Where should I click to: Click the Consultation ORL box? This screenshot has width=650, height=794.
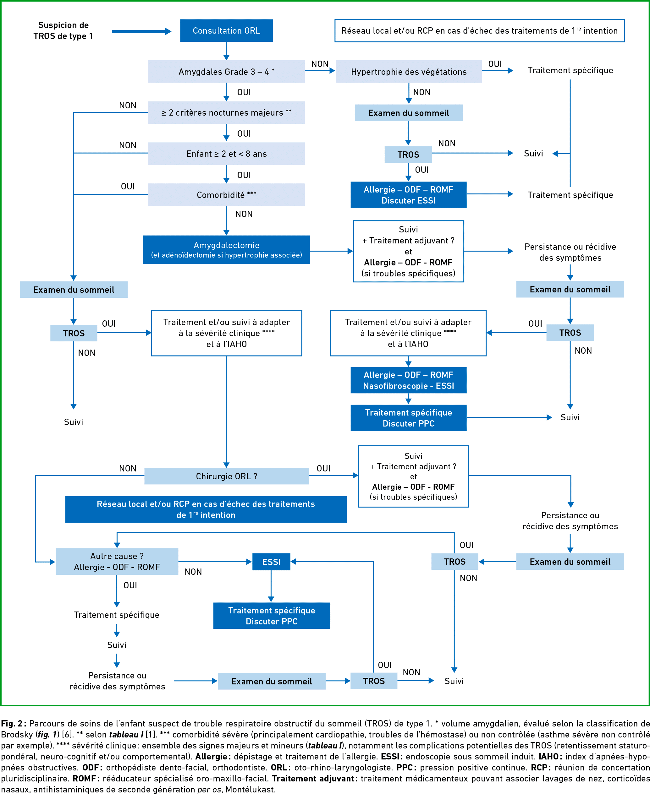click(226, 31)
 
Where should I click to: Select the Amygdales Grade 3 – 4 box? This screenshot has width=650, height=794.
click(226, 72)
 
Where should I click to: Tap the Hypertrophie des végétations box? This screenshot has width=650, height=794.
click(409, 72)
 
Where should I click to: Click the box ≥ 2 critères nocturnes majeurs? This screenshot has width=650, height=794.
click(226, 113)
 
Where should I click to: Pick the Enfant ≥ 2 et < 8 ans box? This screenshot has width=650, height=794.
click(226, 154)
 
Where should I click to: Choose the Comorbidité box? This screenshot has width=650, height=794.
click(226, 194)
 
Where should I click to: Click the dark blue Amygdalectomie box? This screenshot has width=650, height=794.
click(226, 250)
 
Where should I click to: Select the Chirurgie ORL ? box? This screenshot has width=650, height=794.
click(226, 476)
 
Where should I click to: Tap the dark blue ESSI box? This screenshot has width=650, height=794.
click(271, 562)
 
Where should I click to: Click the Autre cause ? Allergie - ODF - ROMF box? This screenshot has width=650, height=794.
click(117, 561)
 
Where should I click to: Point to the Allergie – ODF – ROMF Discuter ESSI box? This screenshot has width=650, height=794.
click(409, 194)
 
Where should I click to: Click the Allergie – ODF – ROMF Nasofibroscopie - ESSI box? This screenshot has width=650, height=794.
click(409, 380)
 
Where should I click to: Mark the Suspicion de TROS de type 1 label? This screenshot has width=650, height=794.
click(63, 30)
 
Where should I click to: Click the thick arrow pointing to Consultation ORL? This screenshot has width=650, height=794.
click(141, 31)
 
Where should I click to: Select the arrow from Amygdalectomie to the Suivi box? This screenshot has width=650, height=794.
click(331, 251)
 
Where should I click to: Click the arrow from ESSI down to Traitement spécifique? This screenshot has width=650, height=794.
click(271, 586)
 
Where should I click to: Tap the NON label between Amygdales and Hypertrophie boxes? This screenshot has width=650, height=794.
click(320, 64)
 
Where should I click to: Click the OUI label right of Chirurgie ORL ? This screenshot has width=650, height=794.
click(323, 469)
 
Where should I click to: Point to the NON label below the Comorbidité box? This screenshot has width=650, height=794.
click(244, 214)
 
